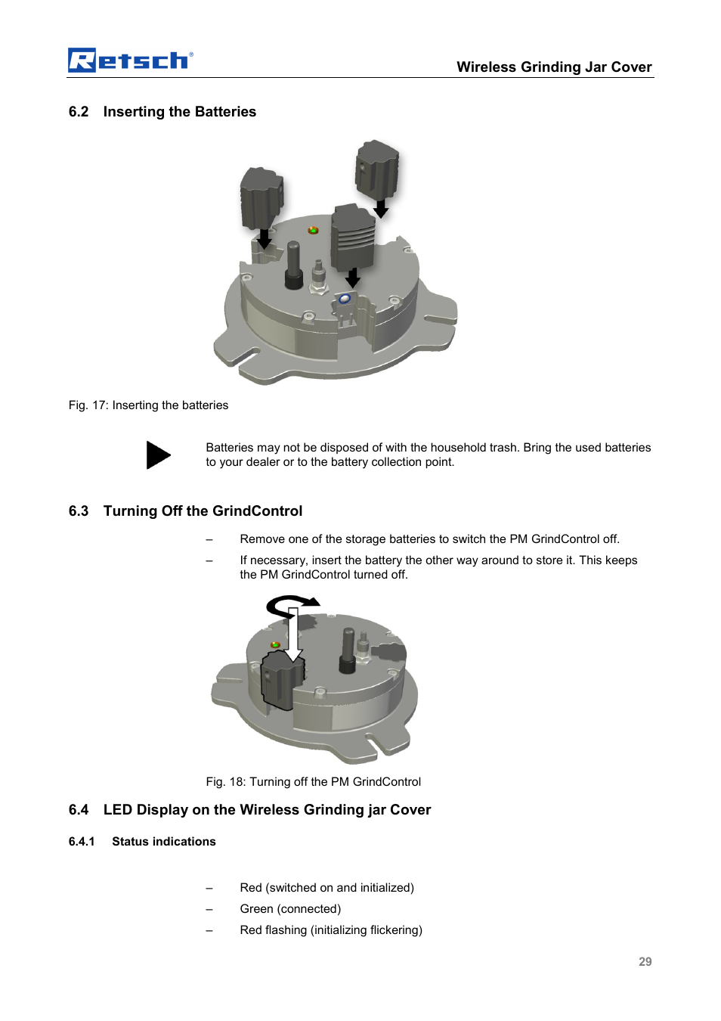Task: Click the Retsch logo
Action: [x=130, y=60]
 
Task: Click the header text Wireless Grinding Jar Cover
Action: [x=553, y=67]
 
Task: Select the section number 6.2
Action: [x=79, y=112]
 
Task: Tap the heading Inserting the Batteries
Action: [x=179, y=112]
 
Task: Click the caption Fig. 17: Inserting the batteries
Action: [x=148, y=405]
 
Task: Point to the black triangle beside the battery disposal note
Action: [x=157, y=455]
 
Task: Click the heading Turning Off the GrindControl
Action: [x=203, y=511]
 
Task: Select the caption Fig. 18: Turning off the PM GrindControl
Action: [x=313, y=782]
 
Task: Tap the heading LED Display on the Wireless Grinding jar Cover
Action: [x=267, y=810]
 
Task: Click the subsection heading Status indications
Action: [x=163, y=842]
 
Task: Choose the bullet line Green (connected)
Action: [x=290, y=909]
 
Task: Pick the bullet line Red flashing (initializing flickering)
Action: [x=331, y=930]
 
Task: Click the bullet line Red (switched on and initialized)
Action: [x=326, y=888]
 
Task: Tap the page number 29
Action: [x=645, y=962]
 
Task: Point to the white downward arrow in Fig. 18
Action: [x=293, y=635]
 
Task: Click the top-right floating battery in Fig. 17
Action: [x=376, y=170]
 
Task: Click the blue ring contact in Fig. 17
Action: [x=345, y=299]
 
